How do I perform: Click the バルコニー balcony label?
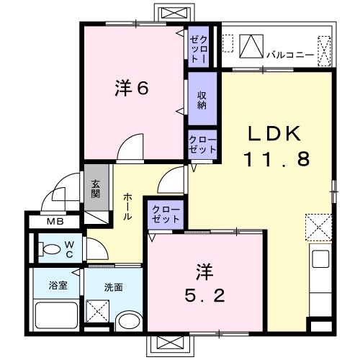(289, 53)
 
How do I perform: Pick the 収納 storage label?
(202, 96)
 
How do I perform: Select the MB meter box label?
(55, 221)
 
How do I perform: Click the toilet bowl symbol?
(52, 250)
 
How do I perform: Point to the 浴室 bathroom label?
(58, 286)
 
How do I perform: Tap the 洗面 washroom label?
(113, 287)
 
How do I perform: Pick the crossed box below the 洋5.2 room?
(171, 346)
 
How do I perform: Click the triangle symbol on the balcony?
(251, 47)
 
